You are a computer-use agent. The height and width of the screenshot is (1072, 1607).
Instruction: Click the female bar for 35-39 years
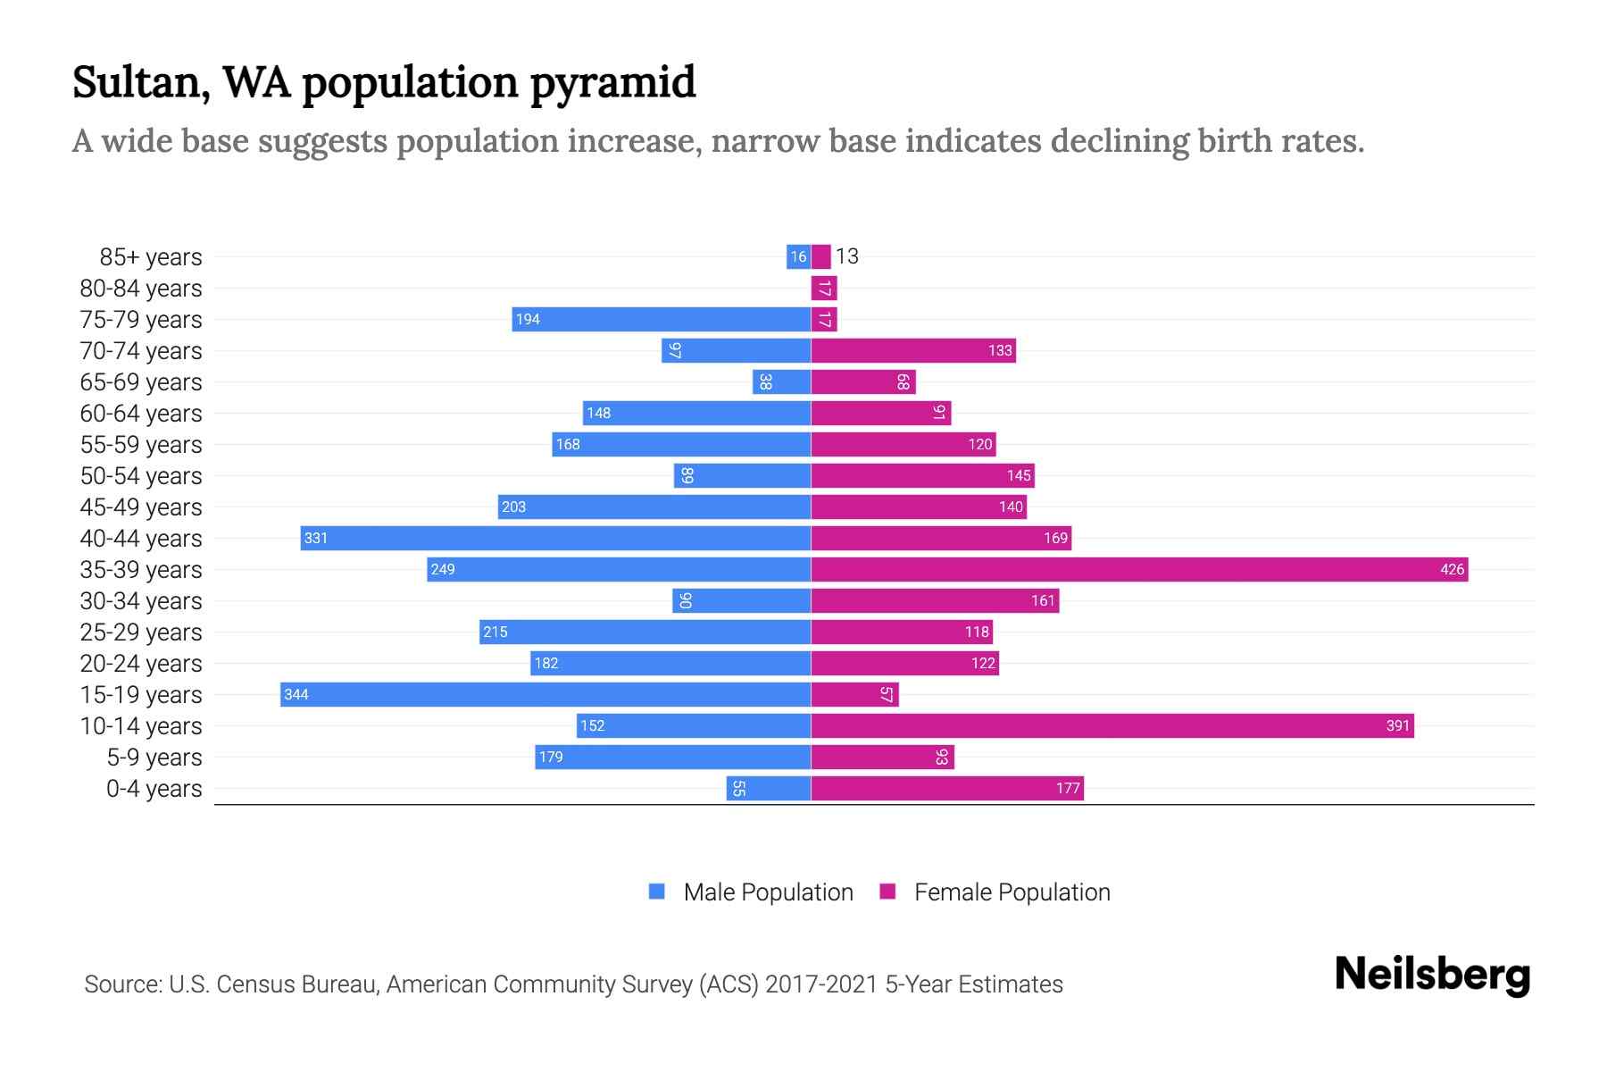(x=1139, y=569)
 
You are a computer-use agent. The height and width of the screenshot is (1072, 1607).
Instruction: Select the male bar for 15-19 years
(x=545, y=694)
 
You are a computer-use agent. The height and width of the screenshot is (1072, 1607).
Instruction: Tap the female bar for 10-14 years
(x=1112, y=725)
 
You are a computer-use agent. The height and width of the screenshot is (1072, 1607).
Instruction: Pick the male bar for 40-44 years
(x=555, y=538)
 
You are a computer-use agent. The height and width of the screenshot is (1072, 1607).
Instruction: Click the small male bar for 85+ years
(x=798, y=256)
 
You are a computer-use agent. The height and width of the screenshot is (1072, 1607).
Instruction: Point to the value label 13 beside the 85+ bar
(x=846, y=256)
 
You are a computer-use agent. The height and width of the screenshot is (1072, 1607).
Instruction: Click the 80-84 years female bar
(x=824, y=288)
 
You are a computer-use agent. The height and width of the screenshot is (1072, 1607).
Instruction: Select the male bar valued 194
(x=662, y=319)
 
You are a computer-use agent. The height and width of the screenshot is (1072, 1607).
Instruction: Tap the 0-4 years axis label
(x=154, y=789)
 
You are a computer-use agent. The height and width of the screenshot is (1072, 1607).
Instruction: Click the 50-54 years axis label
(x=141, y=476)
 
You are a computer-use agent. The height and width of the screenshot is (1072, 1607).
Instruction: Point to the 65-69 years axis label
(x=141, y=382)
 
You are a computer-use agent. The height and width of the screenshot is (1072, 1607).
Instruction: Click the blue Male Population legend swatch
(x=657, y=892)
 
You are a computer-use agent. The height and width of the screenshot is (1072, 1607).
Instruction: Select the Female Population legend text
(x=1012, y=892)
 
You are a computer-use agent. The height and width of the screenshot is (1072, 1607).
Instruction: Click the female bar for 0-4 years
(x=947, y=788)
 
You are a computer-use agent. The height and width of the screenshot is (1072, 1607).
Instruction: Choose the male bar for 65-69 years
(x=781, y=381)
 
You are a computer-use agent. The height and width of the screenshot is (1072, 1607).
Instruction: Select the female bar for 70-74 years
(x=913, y=350)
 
